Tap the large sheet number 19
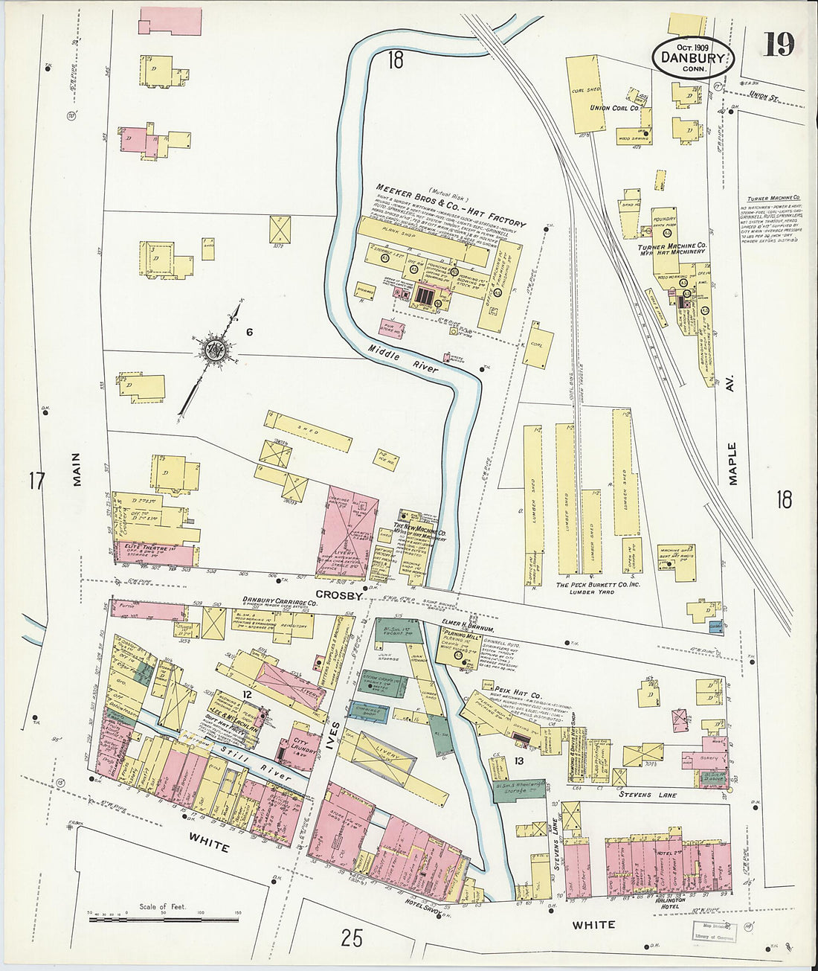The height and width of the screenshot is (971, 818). tap(779, 45)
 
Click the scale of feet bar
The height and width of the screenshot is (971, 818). tap(164, 920)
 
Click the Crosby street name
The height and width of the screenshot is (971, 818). tap(338, 595)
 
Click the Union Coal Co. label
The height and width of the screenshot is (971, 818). tap(615, 108)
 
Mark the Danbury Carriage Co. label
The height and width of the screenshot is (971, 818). tap(280, 600)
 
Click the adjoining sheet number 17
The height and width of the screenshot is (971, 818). tap(36, 481)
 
